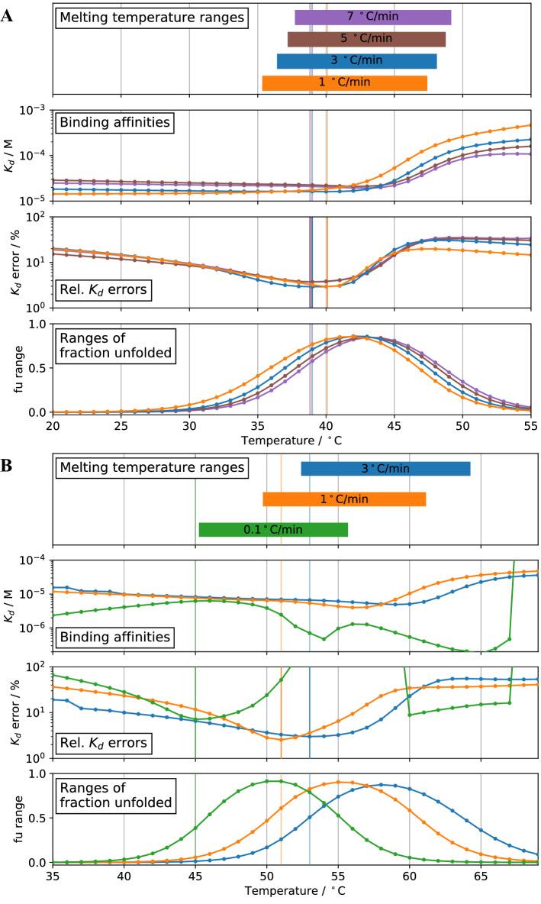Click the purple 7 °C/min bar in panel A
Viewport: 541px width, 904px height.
tap(372, 17)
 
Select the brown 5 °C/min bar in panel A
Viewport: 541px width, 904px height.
tap(366, 39)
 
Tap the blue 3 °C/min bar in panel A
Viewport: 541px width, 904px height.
tap(356, 61)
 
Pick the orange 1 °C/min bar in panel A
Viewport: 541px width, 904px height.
tap(344, 83)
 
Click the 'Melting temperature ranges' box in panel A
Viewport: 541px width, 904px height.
tap(150, 16)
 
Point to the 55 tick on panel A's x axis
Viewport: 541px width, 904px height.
tap(530, 424)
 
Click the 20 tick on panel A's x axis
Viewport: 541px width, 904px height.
tap(53, 424)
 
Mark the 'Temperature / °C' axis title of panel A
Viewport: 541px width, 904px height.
tap(291, 441)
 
